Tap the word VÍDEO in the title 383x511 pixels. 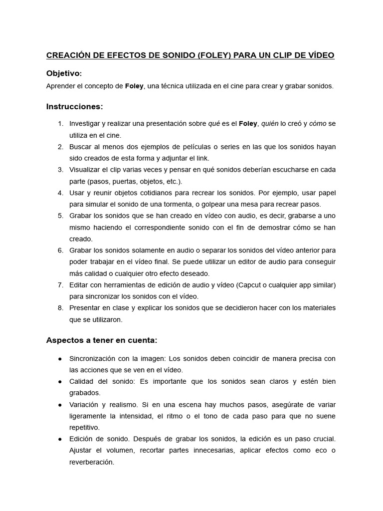click(x=319, y=55)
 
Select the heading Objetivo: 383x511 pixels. click(x=64, y=73)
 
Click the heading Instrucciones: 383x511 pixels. click(x=74, y=106)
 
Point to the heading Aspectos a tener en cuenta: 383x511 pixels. click(x=101, y=340)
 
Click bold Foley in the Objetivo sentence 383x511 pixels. click(x=134, y=86)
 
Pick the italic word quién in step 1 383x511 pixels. click(x=269, y=123)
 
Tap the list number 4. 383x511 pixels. click(x=60, y=193)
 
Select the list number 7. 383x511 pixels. click(x=60, y=285)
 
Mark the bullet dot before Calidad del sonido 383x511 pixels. click(x=60, y=382)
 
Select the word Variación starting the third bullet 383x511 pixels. click(x=85, y=405)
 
